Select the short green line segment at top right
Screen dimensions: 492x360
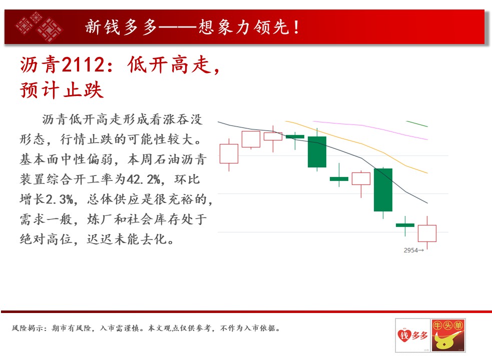[x=417, y=124]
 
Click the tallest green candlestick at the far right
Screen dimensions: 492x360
[x=383, y=189]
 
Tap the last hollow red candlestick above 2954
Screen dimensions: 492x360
[x=427, y=233]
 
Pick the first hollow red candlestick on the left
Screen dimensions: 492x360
[x=229, y=153]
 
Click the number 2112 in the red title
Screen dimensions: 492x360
[x=82, y=64]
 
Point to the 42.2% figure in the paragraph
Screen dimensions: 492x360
[x=144, y=179]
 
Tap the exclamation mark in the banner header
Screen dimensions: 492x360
[x=296, y=27]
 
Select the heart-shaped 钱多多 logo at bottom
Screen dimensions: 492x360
[x=412, y=335]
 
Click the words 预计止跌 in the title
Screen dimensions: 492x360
[x=62, y=90]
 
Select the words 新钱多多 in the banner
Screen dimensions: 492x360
[x=121, y=27]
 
